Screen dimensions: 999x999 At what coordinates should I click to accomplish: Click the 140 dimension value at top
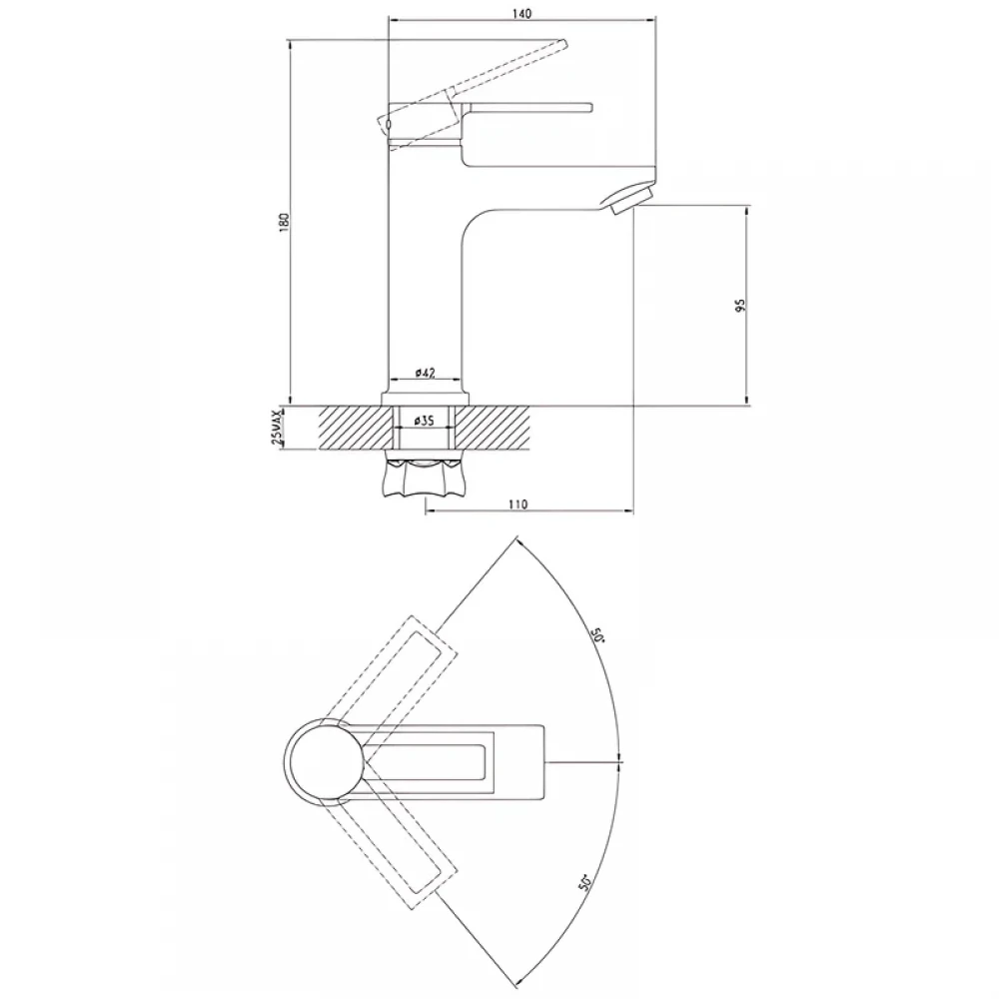[521, 13]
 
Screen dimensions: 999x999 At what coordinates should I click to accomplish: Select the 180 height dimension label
[284, 222]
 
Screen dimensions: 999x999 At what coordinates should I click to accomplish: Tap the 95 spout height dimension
[739, 305]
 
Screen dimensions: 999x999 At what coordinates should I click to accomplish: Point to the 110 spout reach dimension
[517, 504]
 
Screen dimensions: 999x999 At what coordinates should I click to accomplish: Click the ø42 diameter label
[425, 373]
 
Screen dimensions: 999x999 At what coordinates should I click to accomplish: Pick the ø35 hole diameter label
[424, 422]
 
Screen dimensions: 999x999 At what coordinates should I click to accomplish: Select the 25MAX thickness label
[277, 427]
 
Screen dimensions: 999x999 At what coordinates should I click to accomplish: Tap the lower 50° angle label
[585, 881]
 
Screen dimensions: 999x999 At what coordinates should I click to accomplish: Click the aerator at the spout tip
[627, 198]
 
